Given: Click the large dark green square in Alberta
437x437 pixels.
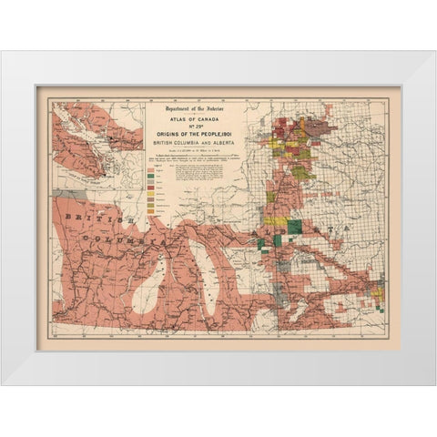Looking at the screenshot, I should tap(294, 227).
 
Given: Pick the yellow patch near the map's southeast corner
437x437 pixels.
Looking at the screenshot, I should tap(372, 300).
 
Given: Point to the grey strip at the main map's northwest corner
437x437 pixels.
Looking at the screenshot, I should tap(60, 194).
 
